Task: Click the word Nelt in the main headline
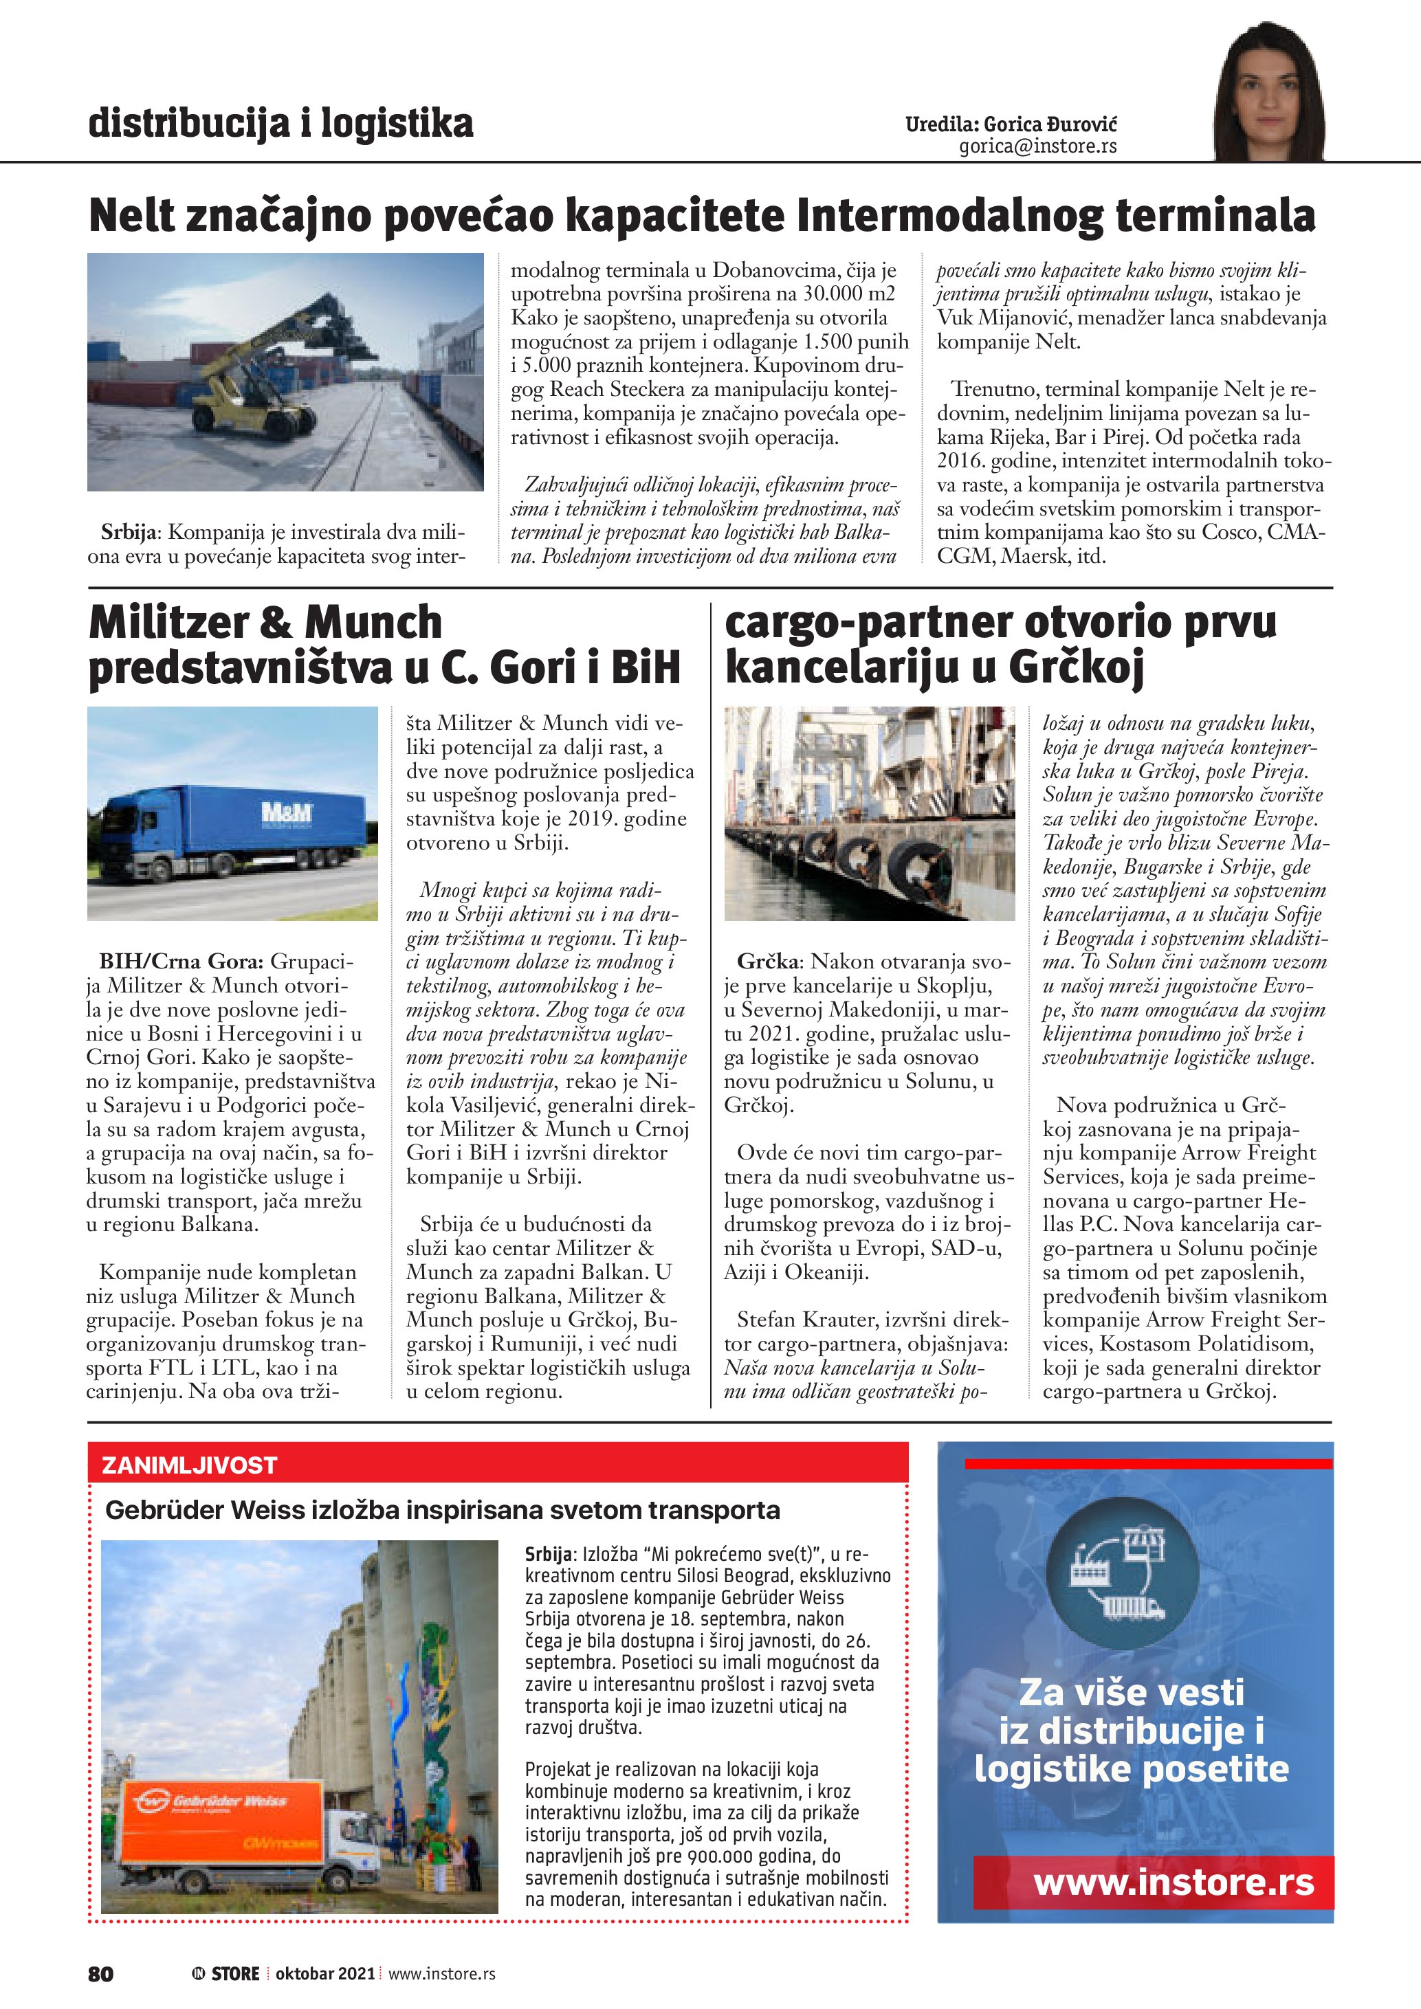click(131, 215)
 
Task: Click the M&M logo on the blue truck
click(287, 812)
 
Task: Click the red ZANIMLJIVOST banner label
click(189, 1465)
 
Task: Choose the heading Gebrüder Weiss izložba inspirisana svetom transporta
click(442, 1510)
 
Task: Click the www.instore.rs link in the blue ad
click(1174, 1882)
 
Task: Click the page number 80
click(100, 1974)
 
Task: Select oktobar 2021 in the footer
click(324, 1974)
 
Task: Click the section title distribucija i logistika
click(280, 124)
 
